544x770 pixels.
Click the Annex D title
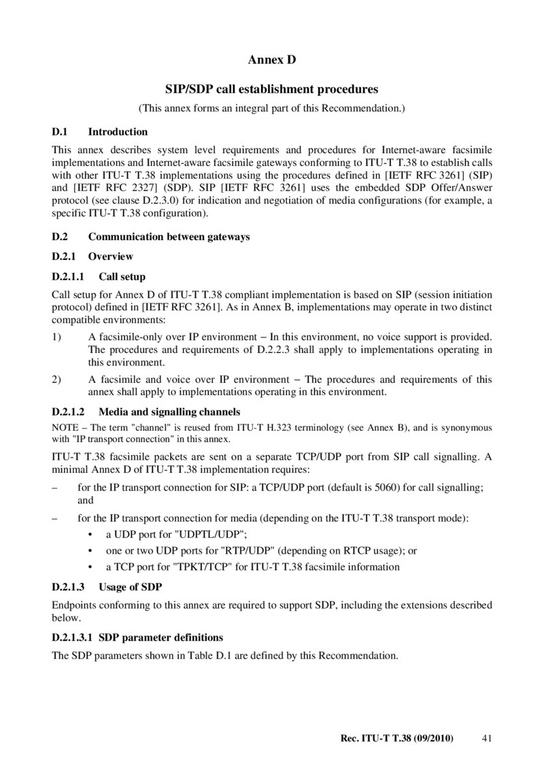[x=272, y=61]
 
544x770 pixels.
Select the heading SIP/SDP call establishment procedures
[x=272, y=89]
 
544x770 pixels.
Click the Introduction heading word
[x=118, y=132]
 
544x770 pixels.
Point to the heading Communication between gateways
[x=169, y=237]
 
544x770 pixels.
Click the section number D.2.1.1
[x=67, y=277]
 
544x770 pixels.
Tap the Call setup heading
[x=122, y=277]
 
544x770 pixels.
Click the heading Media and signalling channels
[x=169, y=412]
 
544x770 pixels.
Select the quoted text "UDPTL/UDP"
[x=203, y=534]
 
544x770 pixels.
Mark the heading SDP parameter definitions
[x=160, y=638]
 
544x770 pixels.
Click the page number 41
[x=486, y=738]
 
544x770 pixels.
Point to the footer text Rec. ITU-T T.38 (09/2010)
[x=396, y=738]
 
